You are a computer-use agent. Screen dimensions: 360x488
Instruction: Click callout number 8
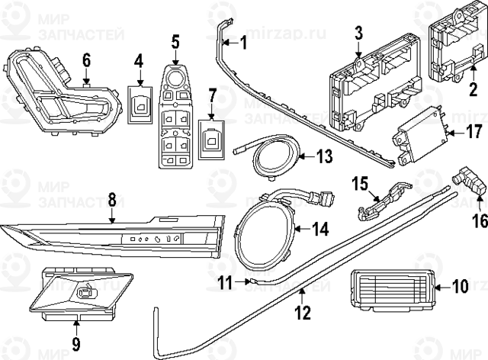pos(112,200)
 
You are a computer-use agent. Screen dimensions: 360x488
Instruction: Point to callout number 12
pos(303,311)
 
